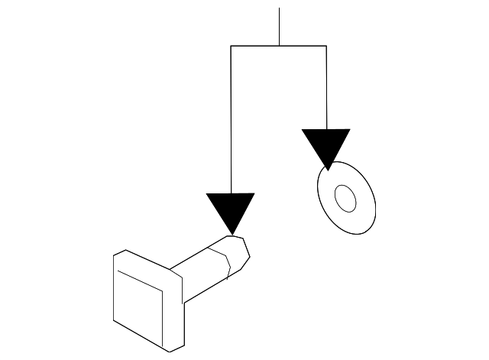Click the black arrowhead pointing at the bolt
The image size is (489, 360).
[x=231, y=209]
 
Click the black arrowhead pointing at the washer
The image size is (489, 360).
[x=326, y=144]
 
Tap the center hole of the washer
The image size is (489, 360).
[x=346, y=199]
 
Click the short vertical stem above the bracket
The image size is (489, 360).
[x=280, y=27]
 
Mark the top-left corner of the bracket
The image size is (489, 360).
[x=231, y=46]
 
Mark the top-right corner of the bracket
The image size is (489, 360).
[x=326, y=46]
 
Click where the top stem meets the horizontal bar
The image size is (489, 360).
[x=280, y=46]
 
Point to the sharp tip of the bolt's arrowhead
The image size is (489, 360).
[x=232, y=234]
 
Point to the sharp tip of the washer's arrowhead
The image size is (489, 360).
[x=328, y=169]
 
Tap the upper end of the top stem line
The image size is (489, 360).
[x=280, y=8]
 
